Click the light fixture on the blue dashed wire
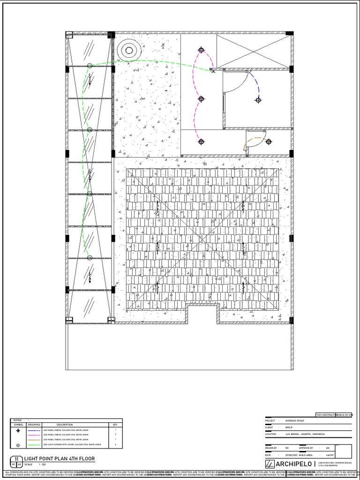pos(258,99)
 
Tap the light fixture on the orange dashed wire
pos(268,142)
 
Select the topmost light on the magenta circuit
pos(201,50)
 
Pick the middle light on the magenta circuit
pos(201,99)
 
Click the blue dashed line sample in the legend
pos(34,430)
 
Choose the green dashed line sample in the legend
pos(34,444)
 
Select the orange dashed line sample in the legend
pos(34,440)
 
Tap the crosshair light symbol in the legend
pos(18,430)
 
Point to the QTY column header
pos(115,425)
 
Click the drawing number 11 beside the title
pos(16,459)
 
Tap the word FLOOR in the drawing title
pos(86,459)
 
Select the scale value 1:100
pos(42,464)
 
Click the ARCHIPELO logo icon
pos(270,464)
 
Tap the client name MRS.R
pos(289,427)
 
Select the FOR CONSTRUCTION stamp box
pos(325,415)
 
